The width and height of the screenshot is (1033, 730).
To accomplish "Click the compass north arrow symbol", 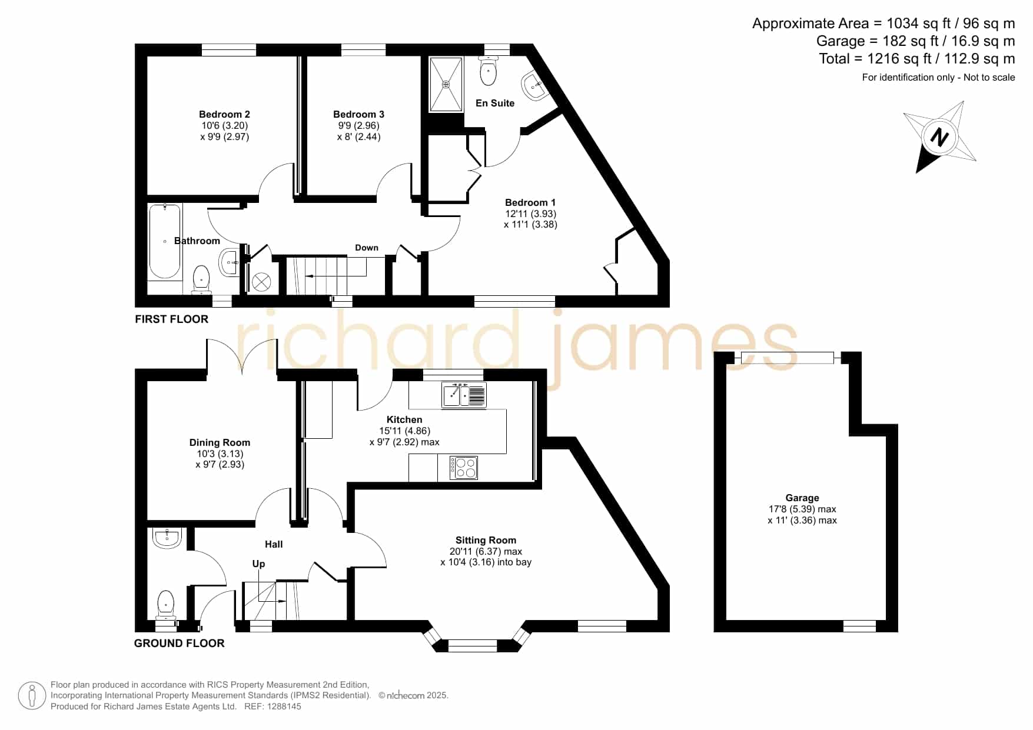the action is pyautogui.click(x=940, y=137).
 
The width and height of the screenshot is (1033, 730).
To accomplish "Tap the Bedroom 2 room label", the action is pyautogui.click(x=224, y=115).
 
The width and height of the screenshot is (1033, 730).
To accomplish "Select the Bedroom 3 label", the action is pyautogui.click(x=358, y=115).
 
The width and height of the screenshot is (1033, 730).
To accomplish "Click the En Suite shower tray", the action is pyautogui.click(x=446, y=84).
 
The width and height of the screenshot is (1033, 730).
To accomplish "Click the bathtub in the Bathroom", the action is pyautogui.click(x=165, y=241).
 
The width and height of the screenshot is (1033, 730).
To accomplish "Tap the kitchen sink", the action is pyautogui.click(x=464, y=395).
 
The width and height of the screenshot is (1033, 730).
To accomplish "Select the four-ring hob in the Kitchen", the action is pyautogui.click(x=464, y=468).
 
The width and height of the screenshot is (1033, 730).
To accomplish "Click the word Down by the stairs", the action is pyautogui.click(x=367, y=248).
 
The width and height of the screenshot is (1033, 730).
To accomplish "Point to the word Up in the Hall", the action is pyautogui.click(x=258, y=564).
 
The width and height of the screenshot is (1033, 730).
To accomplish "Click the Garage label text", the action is pyautogui.click(x=802, y=498).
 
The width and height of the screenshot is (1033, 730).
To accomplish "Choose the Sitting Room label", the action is pyautogui.click(x=486, y=540).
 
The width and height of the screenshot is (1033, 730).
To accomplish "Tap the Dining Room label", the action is pyautogui.click(x=220, y=443).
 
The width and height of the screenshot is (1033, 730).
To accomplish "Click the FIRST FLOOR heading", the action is pyautogui.click(x=171, y=319).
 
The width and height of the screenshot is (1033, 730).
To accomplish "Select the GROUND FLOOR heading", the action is pyautogui.click(x=179, y=644).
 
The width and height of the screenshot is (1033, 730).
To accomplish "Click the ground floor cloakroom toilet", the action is pyautogui.click(x=166, y=605).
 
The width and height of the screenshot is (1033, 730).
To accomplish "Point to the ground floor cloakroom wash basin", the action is pyautogui.click(x=168, y=538).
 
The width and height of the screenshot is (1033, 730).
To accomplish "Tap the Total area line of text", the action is pyautogui.click(x=917, y=59).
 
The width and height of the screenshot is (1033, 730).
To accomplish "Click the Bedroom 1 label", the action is pyautogui.click(x=530, y=203).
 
